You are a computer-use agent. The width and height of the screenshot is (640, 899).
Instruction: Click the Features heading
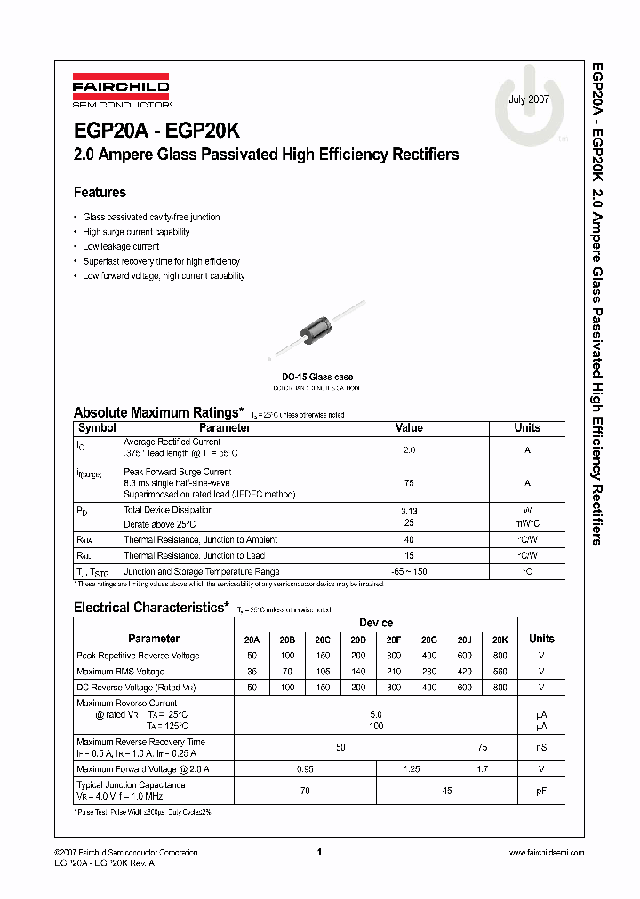(100, 192)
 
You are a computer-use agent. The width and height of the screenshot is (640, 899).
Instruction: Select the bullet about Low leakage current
(121, 246)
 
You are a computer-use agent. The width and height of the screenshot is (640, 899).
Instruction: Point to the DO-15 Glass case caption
(316, 378)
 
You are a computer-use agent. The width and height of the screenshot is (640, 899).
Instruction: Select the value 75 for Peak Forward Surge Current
(409, 483)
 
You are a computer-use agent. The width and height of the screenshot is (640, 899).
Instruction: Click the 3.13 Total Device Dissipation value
(409, 511)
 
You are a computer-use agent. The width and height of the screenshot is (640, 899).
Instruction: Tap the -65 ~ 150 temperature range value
(409, 571)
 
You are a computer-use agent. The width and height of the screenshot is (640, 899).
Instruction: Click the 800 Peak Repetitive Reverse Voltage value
(500, 656)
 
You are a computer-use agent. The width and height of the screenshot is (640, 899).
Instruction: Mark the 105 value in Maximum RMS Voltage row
(323, 672)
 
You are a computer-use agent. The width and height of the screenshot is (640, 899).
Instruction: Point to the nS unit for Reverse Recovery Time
(540, 748)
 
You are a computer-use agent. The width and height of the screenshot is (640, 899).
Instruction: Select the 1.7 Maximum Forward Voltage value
(482, 768)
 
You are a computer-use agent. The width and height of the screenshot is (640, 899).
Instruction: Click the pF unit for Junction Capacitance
(540, 791)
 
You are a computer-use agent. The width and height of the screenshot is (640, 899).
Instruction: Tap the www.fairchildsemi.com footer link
(546, 852)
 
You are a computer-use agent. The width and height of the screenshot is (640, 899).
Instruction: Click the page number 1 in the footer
(318, 852)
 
